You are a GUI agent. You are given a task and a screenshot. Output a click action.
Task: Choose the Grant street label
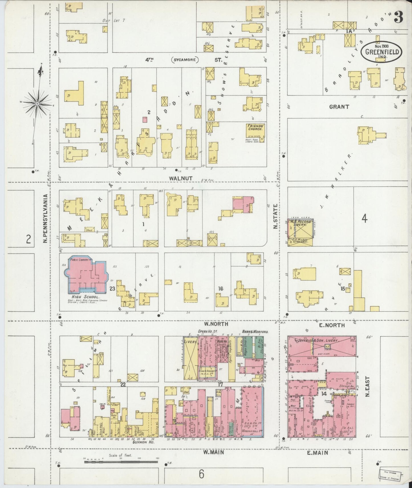point(339,107)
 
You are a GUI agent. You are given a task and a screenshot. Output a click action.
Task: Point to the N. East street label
point(368,387)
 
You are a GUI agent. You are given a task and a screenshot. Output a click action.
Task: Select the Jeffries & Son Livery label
point(322,341)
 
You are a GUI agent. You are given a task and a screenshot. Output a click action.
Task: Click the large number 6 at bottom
point(201,474)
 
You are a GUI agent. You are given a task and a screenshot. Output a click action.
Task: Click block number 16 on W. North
point(220,289)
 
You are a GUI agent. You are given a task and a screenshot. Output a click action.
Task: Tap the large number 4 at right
point(364,219)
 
